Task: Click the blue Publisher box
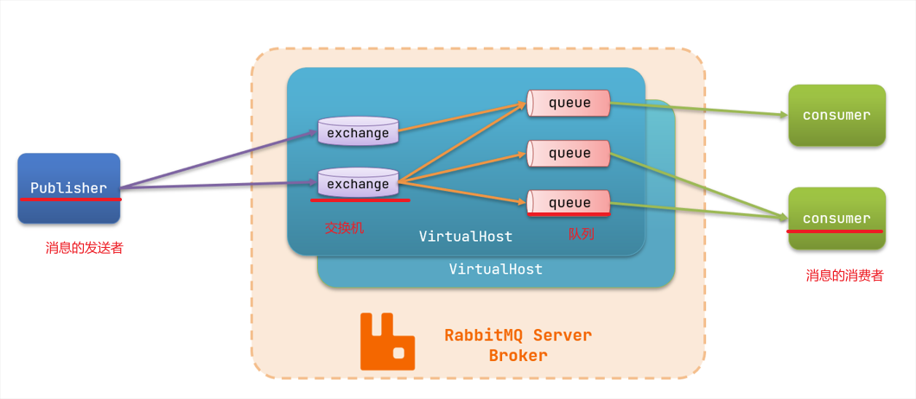point(69,187)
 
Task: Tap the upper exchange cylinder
point(358,132)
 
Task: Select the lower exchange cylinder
point(358,183)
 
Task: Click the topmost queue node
point(569,103)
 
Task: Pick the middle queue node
point(569,153)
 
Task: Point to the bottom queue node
point(569,202)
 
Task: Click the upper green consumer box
point(836,115)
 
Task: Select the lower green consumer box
point(836,217)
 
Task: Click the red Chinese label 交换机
point(345,228)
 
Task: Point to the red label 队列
point(582,233)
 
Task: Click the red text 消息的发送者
point(84,248)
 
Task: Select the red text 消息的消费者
point(844,275)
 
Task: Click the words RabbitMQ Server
point(518,335)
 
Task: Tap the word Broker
point(518,355)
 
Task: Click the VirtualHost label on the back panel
point(495,269)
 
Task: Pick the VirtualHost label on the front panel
point(465,236)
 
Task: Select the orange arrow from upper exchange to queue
point(462,119)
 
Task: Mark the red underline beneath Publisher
point(71,199)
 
